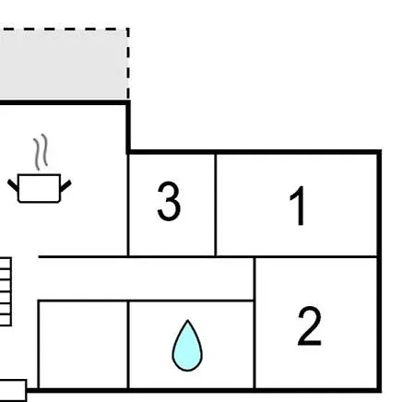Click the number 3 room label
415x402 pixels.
point(169,201)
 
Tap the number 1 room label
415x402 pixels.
point(298,206)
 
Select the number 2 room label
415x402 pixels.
point(309,326)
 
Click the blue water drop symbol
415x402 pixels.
point(187,346)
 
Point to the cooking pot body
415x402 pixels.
point(39,188)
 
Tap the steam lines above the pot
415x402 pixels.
point(41,152)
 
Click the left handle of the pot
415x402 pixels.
point(13,185)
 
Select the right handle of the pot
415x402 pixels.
point(65,186)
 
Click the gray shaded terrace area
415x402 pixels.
point(63,65)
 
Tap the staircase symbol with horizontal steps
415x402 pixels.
point(6,291)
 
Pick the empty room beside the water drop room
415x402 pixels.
point(83,345)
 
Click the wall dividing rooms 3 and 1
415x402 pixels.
point(216,205)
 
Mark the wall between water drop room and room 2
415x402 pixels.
point(255,323)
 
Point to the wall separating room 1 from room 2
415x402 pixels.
point(315,256)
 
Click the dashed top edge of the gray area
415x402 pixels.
point(64,30)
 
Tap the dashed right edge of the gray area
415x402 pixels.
point(128,64)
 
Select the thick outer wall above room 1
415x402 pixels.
point(254,152)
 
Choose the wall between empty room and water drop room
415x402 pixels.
point(128,345)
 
